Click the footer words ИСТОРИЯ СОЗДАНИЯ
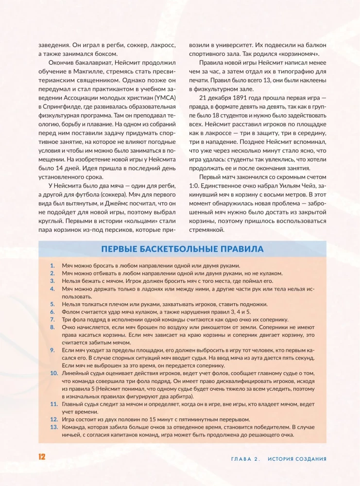(x=297, y=459)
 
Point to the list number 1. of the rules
(x=52, y=266)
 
